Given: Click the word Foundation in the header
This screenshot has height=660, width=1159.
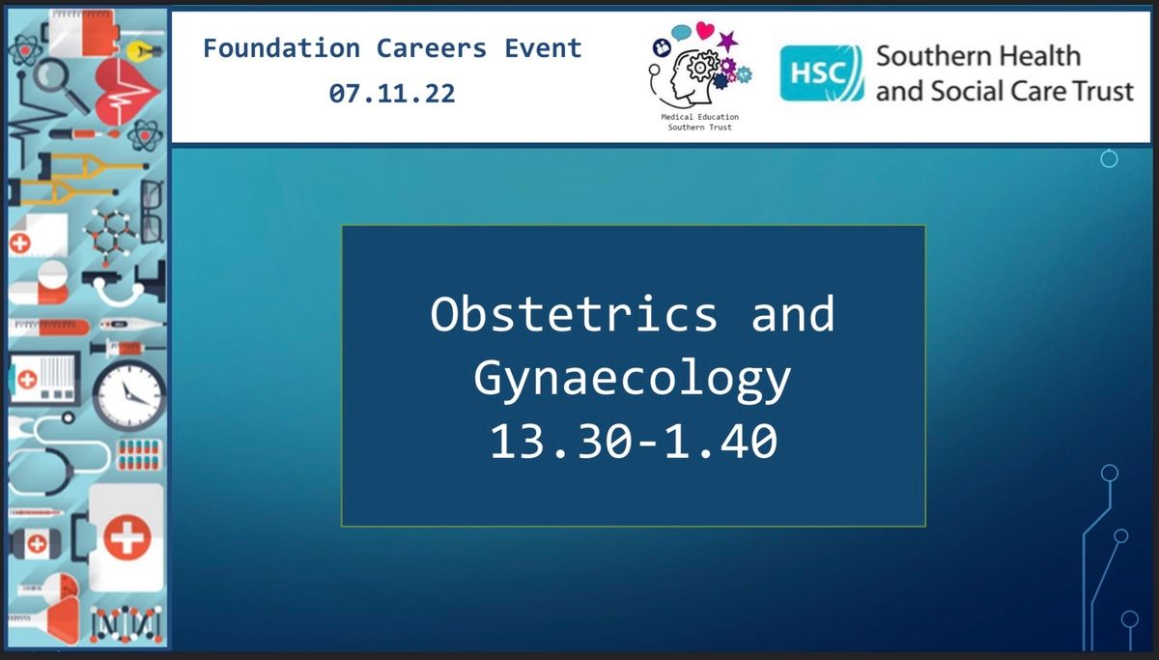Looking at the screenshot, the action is (281, 48).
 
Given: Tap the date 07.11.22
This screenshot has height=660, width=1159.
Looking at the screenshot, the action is (392, 94).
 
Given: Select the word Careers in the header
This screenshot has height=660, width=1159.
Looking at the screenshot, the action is (432, 48).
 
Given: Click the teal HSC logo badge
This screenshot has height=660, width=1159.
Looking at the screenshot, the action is (822, 73).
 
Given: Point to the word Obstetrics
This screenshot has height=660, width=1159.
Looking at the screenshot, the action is (574, 314).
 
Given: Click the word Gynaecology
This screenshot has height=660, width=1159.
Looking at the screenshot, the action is (633, 379).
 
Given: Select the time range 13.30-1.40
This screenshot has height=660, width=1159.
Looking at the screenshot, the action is (634, 441).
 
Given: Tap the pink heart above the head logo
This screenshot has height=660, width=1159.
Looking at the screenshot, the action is (705, 30).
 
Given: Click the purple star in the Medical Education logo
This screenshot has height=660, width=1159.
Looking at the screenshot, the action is (727, 41).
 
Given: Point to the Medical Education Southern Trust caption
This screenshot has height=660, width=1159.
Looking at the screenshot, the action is (699, 122).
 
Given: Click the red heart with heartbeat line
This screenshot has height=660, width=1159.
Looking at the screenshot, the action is (127, 93).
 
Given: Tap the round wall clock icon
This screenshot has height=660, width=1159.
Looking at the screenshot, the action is (129, 396).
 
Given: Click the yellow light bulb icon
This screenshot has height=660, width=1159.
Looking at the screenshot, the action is (144, 51).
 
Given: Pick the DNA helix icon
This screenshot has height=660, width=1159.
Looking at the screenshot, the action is (127, 624).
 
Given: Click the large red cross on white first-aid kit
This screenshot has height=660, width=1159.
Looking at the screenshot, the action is (127, 537).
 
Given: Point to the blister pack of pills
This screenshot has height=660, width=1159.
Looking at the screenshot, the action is (139, 455).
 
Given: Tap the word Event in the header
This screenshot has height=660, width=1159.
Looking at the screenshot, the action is (543, 48).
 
